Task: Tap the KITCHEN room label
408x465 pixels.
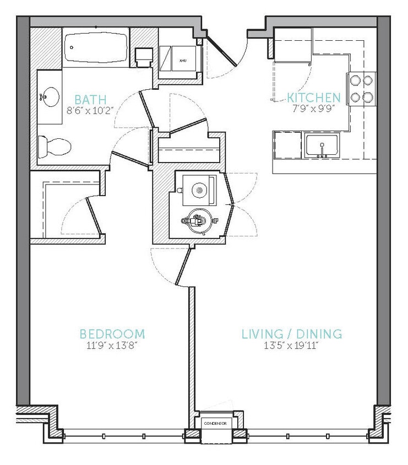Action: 314,98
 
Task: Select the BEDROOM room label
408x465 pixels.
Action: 112,334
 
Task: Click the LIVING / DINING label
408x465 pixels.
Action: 292,334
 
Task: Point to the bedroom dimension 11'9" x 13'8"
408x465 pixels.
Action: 112,346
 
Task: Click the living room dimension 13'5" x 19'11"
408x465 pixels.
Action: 292,346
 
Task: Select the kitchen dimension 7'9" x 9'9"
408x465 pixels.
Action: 314,109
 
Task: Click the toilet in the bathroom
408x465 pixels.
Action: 55,147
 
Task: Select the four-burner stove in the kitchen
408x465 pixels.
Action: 361,89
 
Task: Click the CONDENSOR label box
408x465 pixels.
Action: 215,423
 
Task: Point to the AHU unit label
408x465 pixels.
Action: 181,57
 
